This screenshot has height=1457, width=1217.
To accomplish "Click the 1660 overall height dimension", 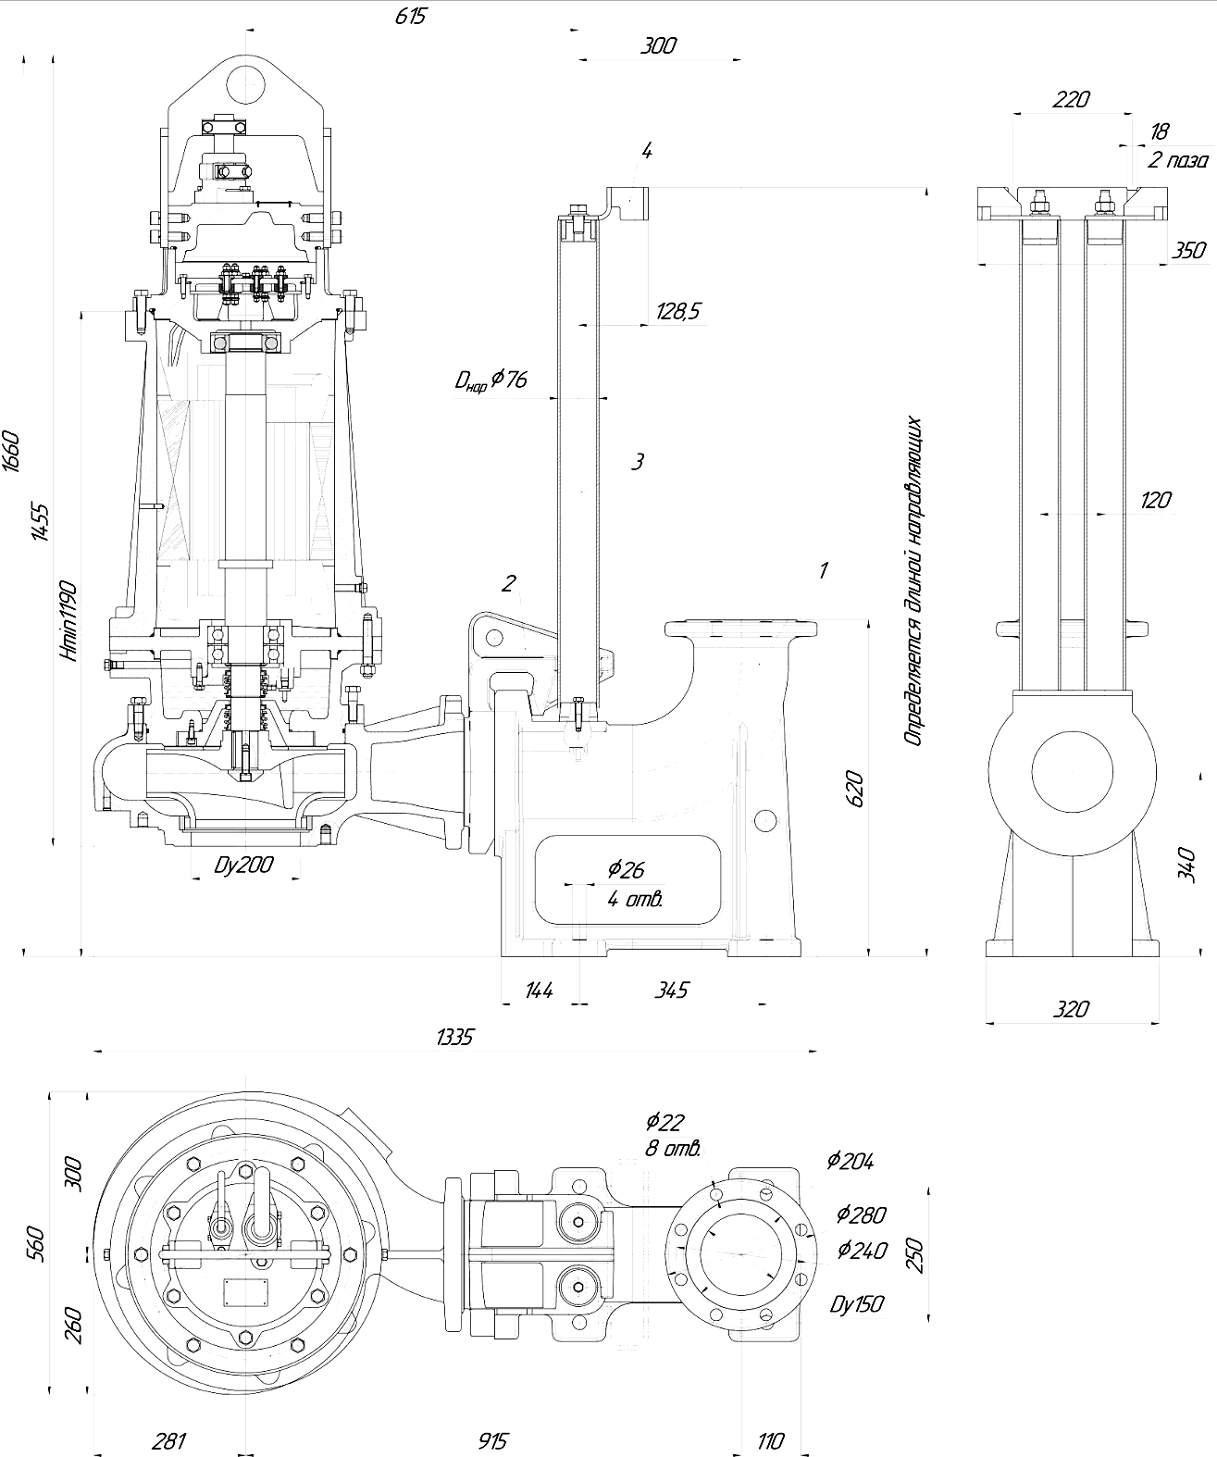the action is click(13, 452).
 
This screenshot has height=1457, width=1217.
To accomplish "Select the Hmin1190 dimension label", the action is click(69, 620).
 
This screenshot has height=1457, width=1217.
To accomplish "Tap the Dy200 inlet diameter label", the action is click(243, 865).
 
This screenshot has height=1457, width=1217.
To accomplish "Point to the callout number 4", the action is click(647, 150).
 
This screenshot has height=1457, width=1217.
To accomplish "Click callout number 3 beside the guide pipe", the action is click(637, 461).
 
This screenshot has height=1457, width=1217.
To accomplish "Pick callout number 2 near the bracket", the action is click(509, 582).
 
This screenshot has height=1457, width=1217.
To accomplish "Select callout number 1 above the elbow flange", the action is click(824, 570).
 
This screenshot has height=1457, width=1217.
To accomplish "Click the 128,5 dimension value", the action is click(677, 310).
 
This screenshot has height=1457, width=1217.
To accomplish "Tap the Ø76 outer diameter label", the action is click(491, 380).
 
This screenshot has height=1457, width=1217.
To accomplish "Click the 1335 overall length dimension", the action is click(455, 1038).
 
